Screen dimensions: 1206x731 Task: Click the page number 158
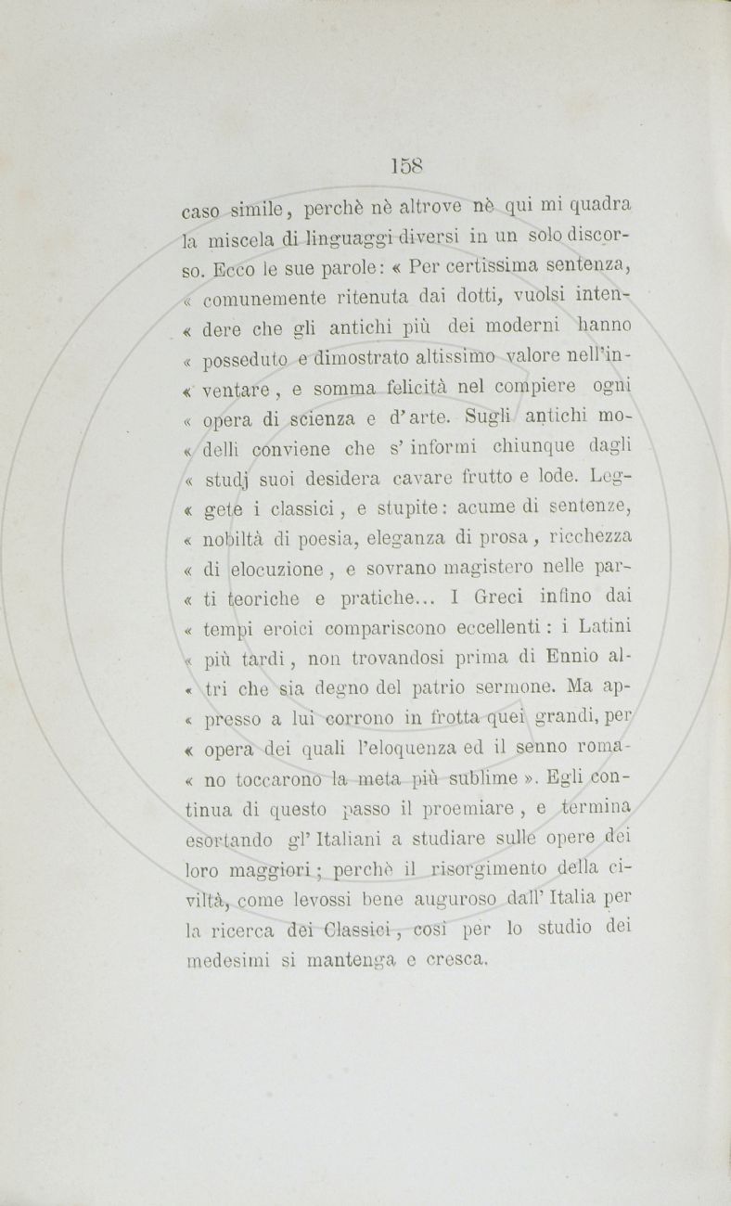click(406, 166)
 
